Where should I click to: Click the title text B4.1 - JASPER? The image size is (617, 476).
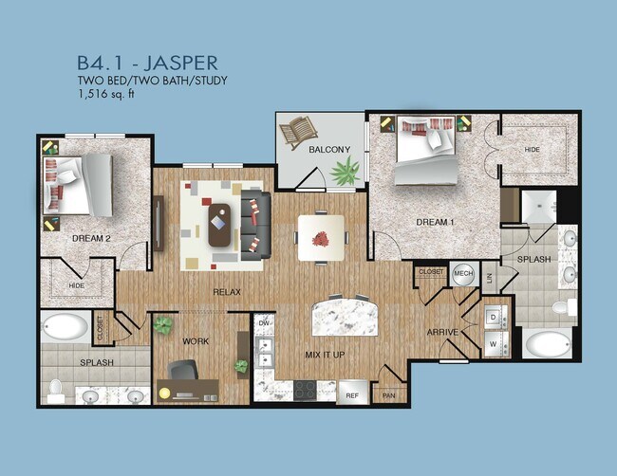[x=147, y=63]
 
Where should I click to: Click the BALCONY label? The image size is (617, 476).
[x=328, y=150]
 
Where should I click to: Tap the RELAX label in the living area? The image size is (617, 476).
[x=226, y=292]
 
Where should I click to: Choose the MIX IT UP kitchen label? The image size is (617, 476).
[x=326, y=354]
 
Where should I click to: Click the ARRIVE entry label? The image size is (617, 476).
[x=443, y=332]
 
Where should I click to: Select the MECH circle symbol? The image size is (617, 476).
[x=463, y=273]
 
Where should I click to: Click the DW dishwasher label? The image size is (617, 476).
[x=265, y=322]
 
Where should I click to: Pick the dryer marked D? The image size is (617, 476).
[x=495, y=317]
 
